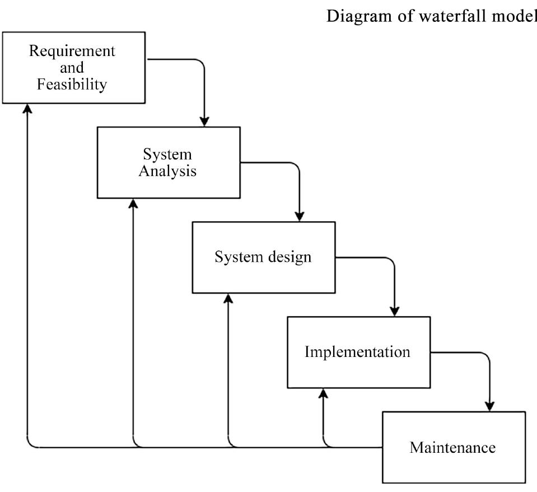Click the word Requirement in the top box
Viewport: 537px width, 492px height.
pyautogui.click(x=72, y=51)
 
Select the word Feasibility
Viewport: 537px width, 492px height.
pyautogui.click(x=72, y=85)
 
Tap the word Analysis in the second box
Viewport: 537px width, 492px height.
pyautogui.click(x=168, y=171)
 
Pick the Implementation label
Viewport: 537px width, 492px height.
pyautogui.click(x=357, y=352)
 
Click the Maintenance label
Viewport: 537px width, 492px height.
pyautogui.click(x=452, y=448)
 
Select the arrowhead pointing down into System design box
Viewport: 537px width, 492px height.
pyautogui.click(x=300, y=216)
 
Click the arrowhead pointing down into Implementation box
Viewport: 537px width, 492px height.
pyautogui.click(x=395, y=310)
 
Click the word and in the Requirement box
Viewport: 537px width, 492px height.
pyautogui.click(x=72, y=68)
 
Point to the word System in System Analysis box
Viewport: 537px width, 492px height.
pyautogui.click(x=167, y=154)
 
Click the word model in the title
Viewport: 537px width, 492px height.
pyautogui.click(x=515, y=17)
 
